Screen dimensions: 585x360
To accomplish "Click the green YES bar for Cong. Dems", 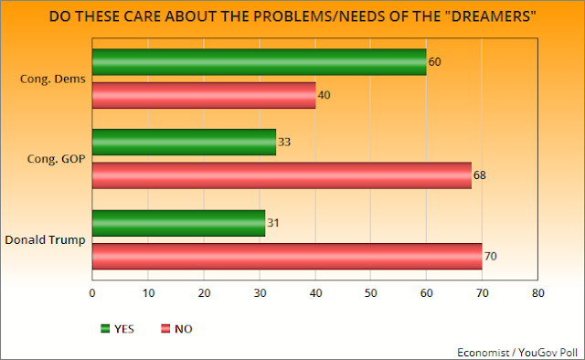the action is click(x=260, y=62).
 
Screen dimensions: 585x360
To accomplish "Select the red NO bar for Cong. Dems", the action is click(x=204, y=96).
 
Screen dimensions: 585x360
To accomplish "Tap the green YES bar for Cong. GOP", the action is click(x=185, y=143).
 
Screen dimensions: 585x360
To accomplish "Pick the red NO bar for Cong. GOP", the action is click(x=282, y=175).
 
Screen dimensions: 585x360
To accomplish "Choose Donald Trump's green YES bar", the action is click(x=179, y=223).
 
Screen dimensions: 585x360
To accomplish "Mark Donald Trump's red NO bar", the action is click(x=287, y=256).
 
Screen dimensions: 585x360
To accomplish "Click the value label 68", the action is click(x=480, y=175).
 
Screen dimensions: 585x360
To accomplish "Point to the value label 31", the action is click(x=273, y=223).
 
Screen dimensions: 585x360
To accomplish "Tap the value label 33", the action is click(x=284, y=143).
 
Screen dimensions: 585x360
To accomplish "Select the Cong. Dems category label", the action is click(x=53, y=79).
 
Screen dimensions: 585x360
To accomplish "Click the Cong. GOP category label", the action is click(x=57, y=159).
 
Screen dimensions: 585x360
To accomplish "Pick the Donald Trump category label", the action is click(x=45, y=240).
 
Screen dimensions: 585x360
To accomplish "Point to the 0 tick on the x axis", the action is click(x=92, y=293).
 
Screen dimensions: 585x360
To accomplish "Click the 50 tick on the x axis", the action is click(x=371, y=293).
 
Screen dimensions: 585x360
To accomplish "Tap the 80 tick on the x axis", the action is click(x=538, y=293).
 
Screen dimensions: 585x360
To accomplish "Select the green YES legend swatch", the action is click(x=105, y=329).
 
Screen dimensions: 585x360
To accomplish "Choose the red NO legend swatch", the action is click(x=165, y=329).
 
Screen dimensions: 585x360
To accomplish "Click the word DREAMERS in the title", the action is click(x=494, y=16).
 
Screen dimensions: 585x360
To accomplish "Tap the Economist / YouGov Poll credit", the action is click(x=517, y=353).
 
